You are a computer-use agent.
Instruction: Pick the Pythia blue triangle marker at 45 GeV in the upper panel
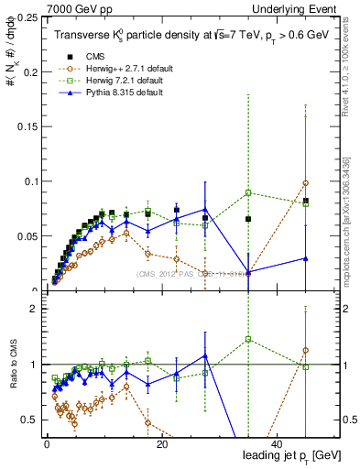tap(305, 259)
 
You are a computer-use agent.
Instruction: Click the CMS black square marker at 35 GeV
tap(248, 219)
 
